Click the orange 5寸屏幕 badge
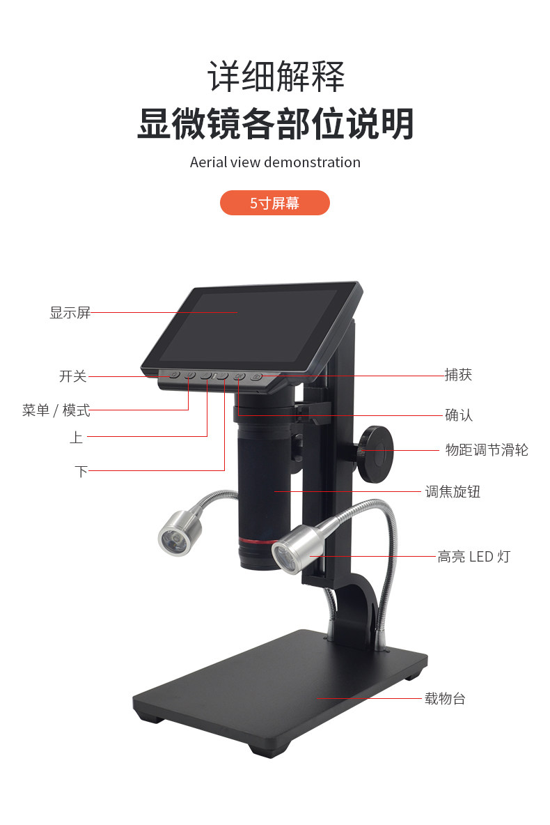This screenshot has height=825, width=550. click(274, 203)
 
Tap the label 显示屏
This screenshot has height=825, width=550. click(70, 313)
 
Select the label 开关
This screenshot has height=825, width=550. click(72, 376)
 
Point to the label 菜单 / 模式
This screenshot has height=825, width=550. click(56, 410)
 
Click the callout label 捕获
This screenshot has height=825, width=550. click(458, 375)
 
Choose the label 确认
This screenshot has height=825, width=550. click(458, 415)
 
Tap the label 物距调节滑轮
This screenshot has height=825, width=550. click(487, 450)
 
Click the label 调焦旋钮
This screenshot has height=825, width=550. click(453, 492)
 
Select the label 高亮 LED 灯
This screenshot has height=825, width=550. click(473, 557)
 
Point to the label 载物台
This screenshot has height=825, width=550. click(445, 698)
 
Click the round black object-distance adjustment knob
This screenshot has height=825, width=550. click(376, 454)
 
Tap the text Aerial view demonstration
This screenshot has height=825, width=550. click(275, 162)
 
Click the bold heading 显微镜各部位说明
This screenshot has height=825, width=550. click(275, 123)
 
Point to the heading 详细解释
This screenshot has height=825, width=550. click(275, 77)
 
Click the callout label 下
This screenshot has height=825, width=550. click(81, 471)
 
